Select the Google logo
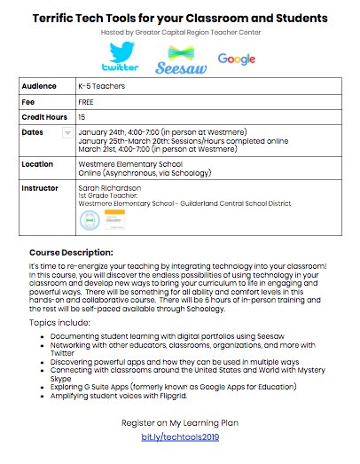point(236,59)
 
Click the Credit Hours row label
point(44,116)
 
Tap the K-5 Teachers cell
point(104,87)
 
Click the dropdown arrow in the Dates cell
point(68,132)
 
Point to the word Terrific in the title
point(67,17)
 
